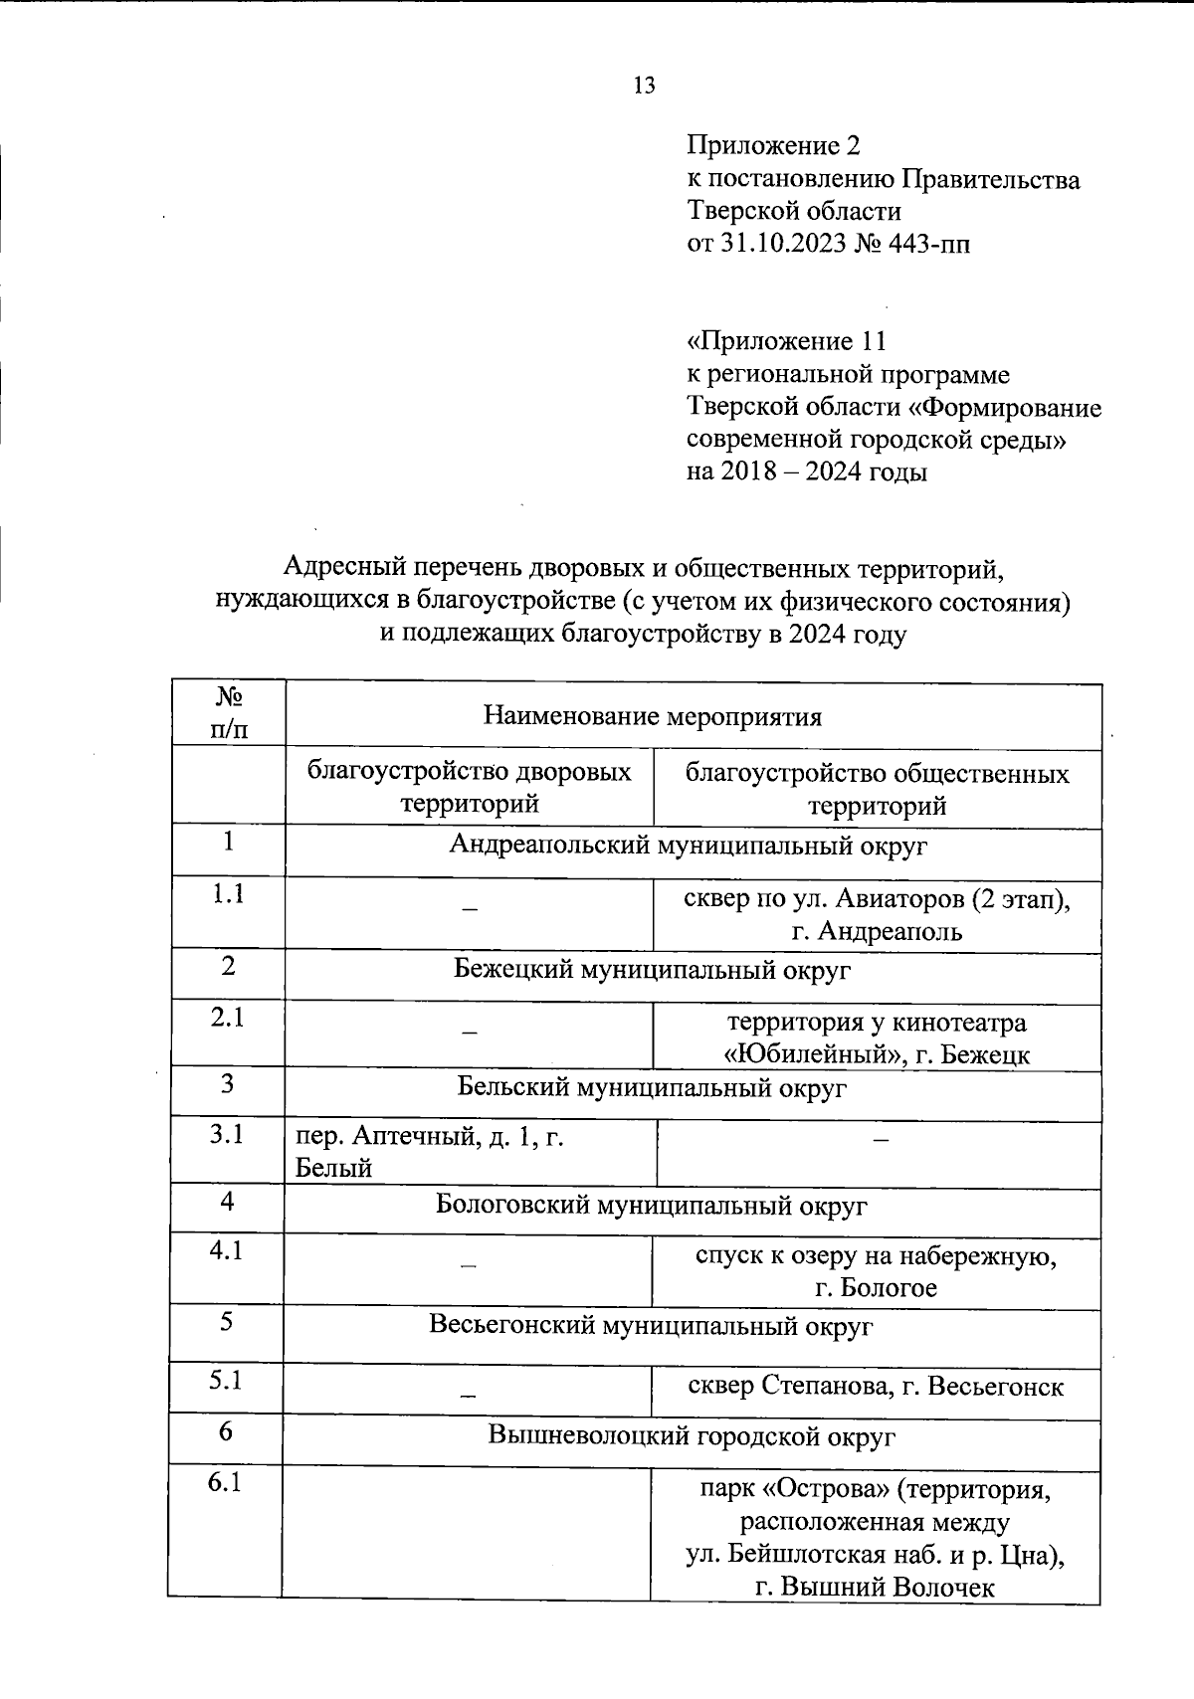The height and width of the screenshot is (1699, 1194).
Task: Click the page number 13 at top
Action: tap(644, 86)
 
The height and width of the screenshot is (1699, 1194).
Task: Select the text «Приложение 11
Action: tap(786, 342)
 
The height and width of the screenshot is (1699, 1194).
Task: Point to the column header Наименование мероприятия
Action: tap(652, 716)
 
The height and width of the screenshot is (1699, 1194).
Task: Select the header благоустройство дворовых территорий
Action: tap(469, 788)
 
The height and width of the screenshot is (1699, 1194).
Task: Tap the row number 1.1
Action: tap(229, 894)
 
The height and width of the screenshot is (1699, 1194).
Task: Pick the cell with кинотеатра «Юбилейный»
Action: tap(876, 1038)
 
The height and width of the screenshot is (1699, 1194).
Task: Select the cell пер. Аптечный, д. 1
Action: tap(430, 1151)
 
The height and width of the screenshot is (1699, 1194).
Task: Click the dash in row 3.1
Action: tap(880, 1140)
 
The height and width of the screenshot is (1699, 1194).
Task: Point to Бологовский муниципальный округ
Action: tap(652, 1206)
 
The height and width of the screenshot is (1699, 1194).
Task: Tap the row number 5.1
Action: tap(227, 1381)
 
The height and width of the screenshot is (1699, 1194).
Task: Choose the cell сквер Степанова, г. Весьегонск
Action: tap(876, 1386)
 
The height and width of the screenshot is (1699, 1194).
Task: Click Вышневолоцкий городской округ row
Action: tap(692, 1436)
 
